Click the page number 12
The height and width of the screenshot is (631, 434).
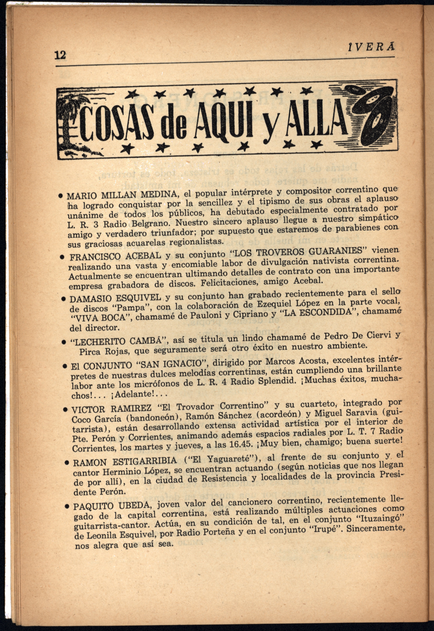click(x=60, y=55)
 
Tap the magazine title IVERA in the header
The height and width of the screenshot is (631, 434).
click(x=371, y=48)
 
